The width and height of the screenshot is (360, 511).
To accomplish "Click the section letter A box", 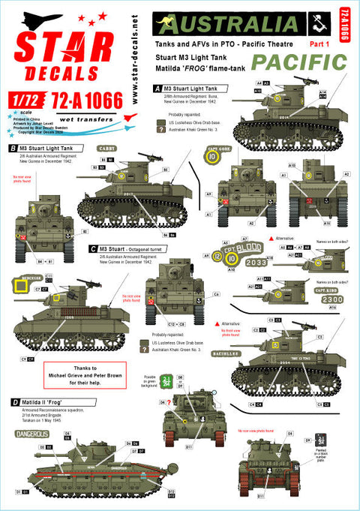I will (157, 88).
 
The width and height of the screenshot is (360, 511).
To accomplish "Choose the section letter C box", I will (92, 248).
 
